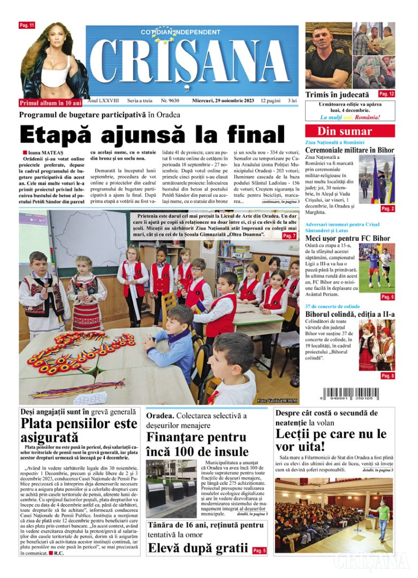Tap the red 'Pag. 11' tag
27,25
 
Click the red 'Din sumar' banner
349,131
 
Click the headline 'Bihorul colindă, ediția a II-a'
349,314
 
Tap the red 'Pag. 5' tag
259,550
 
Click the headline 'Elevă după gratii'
197,549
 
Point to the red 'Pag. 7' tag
289,235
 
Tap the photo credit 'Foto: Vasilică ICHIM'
277,401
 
